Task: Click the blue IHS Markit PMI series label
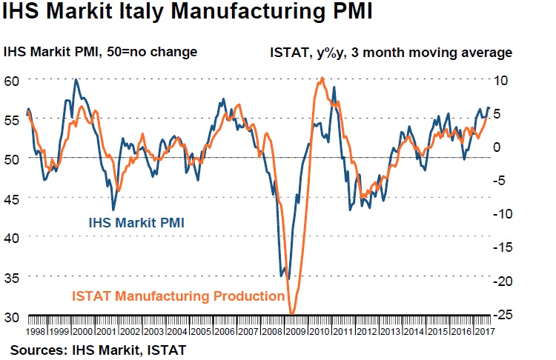pyautogui.click(x=136, y=221)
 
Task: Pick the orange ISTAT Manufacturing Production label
pyautogui.click(x=178, y=296)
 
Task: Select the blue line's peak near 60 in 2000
pyautogui.click(x=76, y=79)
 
